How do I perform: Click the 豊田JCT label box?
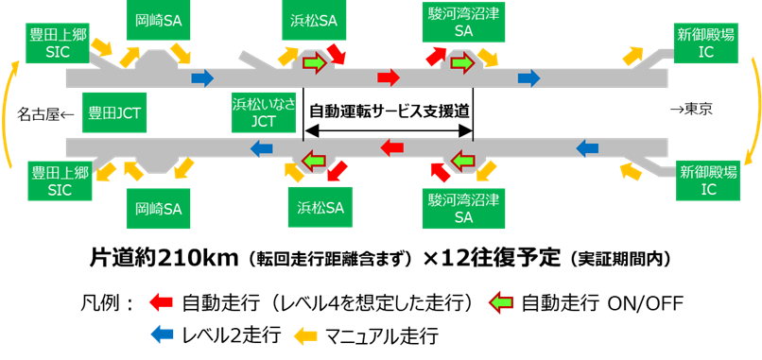coord(114,112)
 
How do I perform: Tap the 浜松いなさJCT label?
coord(264,112)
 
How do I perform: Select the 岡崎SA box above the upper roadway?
coord(158,20)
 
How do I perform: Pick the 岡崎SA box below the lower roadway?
coord(158,208)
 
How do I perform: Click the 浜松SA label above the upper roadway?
coord(314,20)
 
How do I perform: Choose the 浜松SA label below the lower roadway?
coord(320,207)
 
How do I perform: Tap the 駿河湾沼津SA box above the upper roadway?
coord(463,22)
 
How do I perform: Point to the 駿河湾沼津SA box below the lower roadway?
coord(463,208)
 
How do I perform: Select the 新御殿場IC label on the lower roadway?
coord(708,180)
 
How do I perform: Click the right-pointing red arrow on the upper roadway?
coord(389,77)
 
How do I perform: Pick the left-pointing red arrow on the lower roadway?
coord(392,147)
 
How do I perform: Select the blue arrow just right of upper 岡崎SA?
coord(202,77)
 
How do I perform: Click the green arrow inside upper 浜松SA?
coord(314,63)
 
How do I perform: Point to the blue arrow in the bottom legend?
coord(162,334)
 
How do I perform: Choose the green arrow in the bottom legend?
coord(501,302)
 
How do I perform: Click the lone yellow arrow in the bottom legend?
coord(305,335)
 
